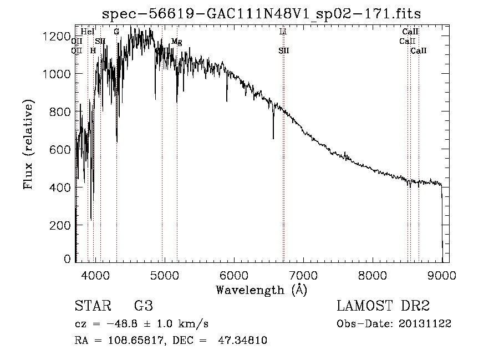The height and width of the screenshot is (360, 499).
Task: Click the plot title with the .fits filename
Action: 266,14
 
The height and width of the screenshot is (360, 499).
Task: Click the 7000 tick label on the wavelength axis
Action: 303,273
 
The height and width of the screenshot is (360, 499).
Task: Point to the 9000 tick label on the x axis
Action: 441,273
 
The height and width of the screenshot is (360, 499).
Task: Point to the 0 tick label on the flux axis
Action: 68,258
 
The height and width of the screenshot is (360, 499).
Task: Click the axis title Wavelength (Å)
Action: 261,290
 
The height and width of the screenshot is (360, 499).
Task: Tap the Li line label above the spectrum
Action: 283,32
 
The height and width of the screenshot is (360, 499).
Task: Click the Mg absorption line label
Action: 176,42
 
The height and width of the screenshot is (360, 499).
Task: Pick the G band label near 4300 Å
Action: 116,32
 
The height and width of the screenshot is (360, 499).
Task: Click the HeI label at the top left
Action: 88,32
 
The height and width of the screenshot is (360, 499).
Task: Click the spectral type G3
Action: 143,306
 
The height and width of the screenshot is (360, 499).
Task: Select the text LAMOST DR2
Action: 383,306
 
